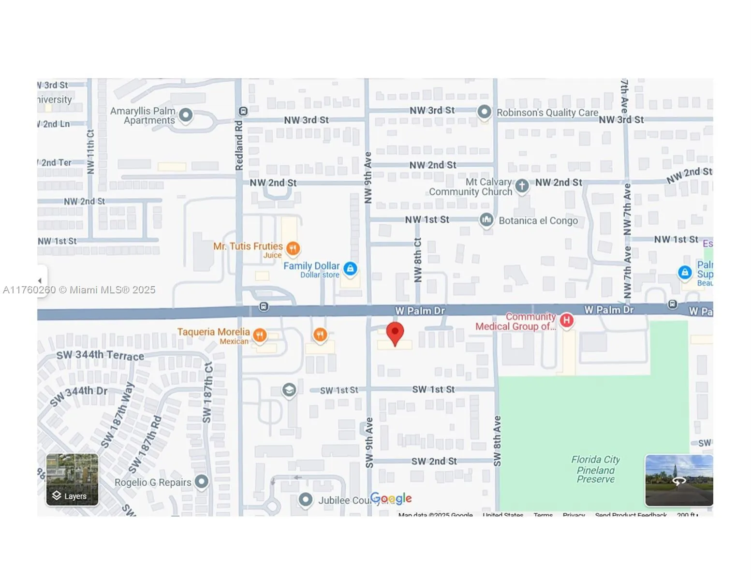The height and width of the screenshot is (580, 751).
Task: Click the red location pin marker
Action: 395,333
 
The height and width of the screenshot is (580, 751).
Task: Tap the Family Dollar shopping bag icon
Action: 351,268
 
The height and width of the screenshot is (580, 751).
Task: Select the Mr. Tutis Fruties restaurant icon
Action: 293,248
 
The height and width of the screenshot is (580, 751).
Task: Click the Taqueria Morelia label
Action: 213,332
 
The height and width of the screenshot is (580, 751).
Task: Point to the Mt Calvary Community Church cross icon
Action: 522,186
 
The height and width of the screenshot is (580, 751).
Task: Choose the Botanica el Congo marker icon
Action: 486,220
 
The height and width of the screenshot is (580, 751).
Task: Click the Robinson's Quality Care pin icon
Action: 484,112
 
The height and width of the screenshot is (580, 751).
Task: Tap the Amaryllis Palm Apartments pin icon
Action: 186,115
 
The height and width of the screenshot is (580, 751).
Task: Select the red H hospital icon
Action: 566,320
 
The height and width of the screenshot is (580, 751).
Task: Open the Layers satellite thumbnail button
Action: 73,479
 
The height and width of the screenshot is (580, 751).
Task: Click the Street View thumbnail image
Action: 679,480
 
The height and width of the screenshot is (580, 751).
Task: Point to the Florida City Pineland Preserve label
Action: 595,469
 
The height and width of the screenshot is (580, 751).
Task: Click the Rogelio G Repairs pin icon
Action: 202,481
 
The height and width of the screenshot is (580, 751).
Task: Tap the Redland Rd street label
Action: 239,145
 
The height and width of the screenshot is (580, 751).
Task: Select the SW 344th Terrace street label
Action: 100,355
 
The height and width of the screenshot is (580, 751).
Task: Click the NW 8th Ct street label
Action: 418,260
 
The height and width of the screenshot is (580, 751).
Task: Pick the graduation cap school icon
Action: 289,390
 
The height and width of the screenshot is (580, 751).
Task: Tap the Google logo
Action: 391,498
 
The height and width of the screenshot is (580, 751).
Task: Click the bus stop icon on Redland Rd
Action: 243,111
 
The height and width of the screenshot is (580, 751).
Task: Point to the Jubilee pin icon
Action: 306,500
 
